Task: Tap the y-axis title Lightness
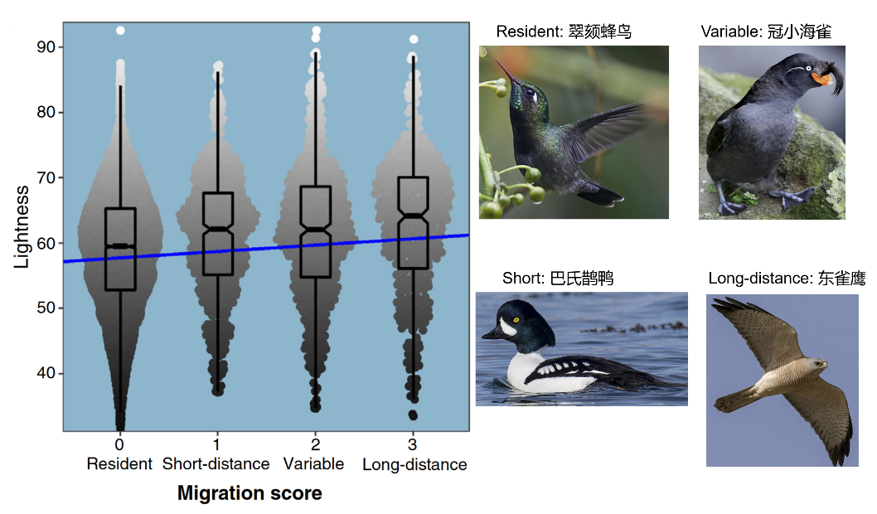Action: click(22, 226)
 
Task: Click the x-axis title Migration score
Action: click(250, 493)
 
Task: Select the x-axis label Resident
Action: click(119, 463)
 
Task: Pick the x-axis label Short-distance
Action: click(216, 463)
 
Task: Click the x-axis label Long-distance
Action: click(414, 464)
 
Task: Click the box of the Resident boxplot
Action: click(120, 249)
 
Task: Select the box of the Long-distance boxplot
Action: click(413, 222)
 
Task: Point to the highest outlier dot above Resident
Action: click(120, 31)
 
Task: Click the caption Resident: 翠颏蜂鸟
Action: click(564, 32)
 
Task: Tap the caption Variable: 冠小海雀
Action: click(766, 32)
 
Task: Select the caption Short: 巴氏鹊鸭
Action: click(558, 278)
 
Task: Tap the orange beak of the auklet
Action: click(821, 79)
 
